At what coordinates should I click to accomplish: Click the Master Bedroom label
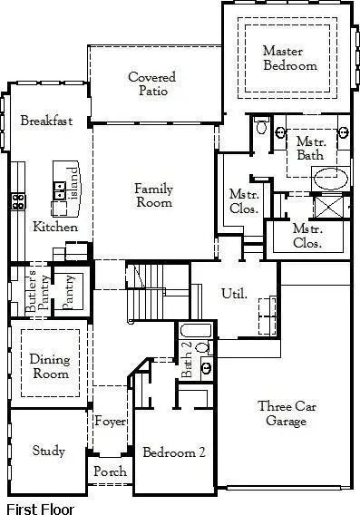point(289,58)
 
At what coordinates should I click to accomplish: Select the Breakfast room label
point(45,121)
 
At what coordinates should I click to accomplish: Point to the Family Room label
point(153,196)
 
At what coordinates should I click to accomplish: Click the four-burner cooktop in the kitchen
point(17,201)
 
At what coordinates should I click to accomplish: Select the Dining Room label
point(49,366)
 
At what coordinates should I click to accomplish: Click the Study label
point(48,451)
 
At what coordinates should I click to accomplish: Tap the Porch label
point(111,472)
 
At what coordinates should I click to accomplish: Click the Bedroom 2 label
point(173,452)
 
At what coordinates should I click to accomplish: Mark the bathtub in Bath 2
point(195,330)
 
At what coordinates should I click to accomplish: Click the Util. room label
point(235,293)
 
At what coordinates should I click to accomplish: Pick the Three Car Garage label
point(286,413)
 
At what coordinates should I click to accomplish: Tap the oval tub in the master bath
point(327,177)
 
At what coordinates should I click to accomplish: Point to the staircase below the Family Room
point(143,288)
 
